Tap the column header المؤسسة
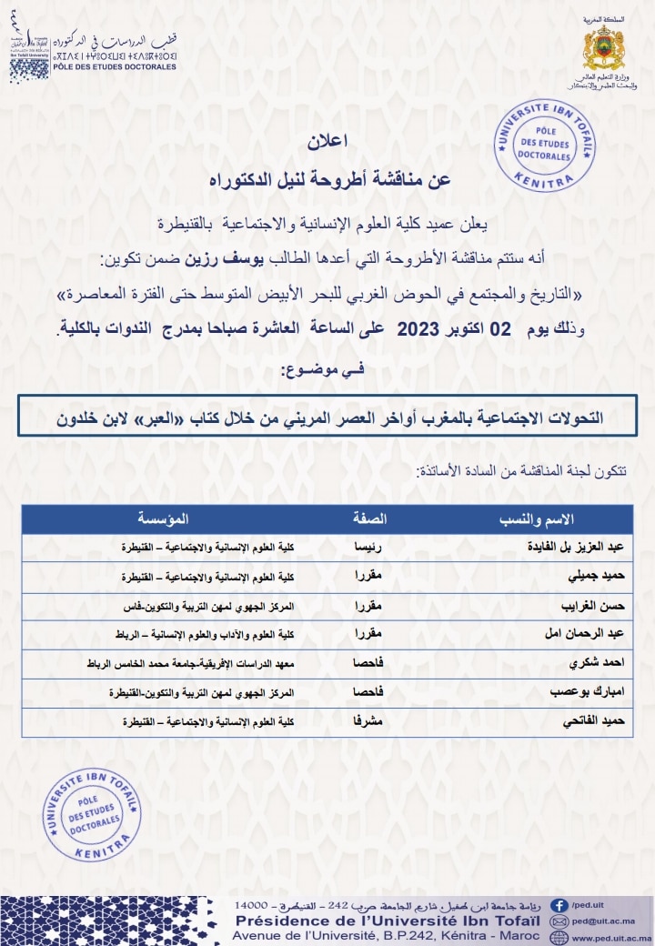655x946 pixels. [x=164, y=519]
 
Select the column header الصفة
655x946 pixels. [x=369, y=519]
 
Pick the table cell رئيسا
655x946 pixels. [x=368, y=548]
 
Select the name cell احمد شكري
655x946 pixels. [x=600, y=664]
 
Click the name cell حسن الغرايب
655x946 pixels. [x=593, y=607]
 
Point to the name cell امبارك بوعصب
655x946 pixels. [x=590, y=693]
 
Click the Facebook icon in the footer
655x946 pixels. [x=561, y=906]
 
